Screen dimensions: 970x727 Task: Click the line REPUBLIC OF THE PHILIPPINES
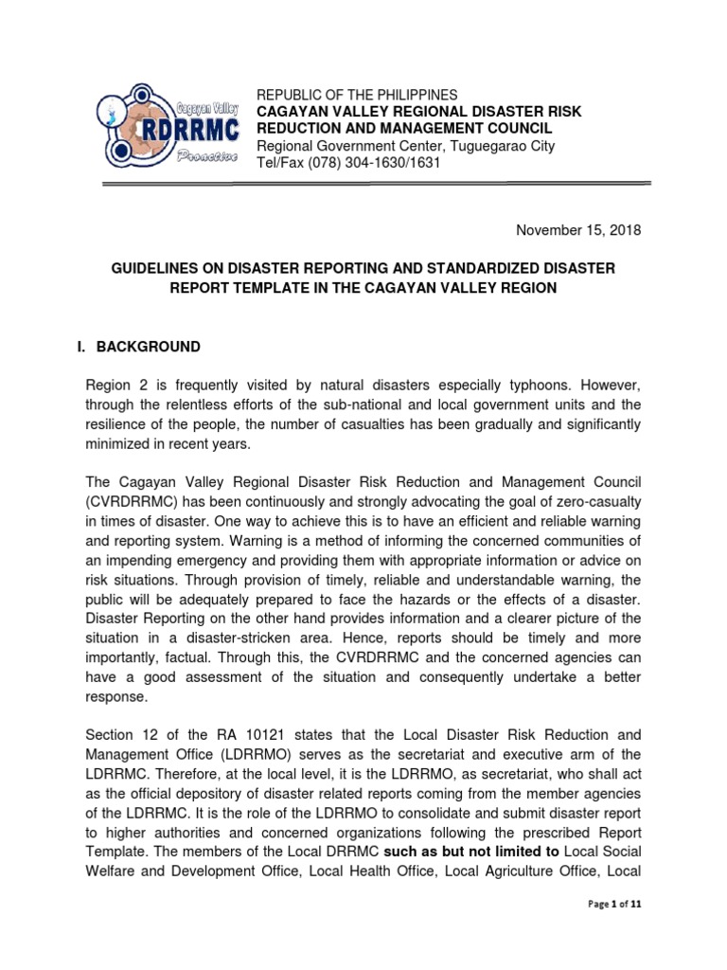pyautogui.click(x=358, y=95)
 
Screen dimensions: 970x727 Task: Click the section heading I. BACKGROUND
pyautogui.click(x=138, y=347)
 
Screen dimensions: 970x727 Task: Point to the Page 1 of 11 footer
pyautogui.click(x=614, y=905)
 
